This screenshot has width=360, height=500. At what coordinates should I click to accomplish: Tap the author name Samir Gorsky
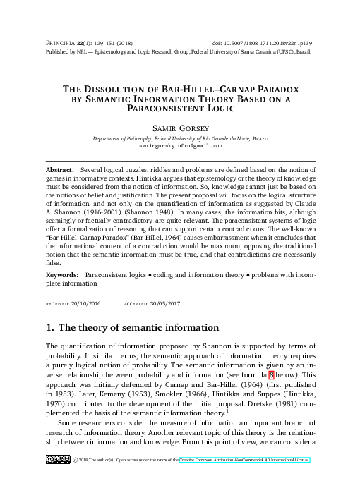coord(179,129)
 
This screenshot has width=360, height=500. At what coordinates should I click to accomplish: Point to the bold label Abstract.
coord(59,171)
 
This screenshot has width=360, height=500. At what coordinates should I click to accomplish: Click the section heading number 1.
coord(50,328)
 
